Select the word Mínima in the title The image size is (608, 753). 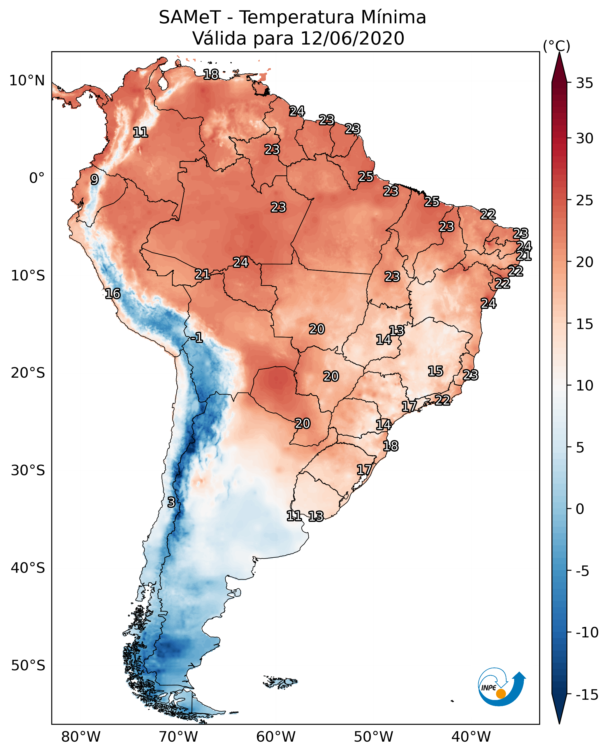pyautogui.click(x=393, y=17)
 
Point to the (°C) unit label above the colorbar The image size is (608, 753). pyautogui.click(x=556, y=46)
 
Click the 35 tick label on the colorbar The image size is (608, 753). pyautogui.click(x=584, y=83)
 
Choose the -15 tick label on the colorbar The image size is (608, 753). pyautogui.click(x=586, y=694)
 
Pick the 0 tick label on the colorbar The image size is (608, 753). pyautogui.click(x=580, y=509)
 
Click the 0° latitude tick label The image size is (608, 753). pyautogui.click(x=37, y=178)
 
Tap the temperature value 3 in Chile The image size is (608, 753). pyautogui.click(x=171, y=502)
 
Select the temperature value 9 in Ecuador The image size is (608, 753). pyautogui.click(x=94, y=179)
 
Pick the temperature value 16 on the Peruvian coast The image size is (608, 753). pyautogui.click(x=113, y=294)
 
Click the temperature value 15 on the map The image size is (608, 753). pyautogui.click(x=435, y=371)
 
